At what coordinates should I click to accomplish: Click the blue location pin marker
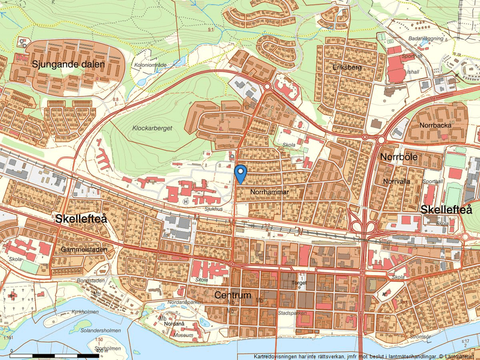click(x=240, y=174)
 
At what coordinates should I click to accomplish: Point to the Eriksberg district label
click(x=347, y=67)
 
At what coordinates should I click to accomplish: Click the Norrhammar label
click(x=270, y=191)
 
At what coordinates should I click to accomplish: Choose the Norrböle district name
click(x=400, y=158)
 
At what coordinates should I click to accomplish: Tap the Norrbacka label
click(x=435, y=125)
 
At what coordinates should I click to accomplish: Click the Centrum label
click(x=233, y=295)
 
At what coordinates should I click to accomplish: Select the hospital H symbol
click(x=186, y=202)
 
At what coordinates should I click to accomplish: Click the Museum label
click(x=183, y=336)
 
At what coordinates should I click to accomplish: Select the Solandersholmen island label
click(x=101, y=330)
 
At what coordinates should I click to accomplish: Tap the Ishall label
click(x=413, y=72)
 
